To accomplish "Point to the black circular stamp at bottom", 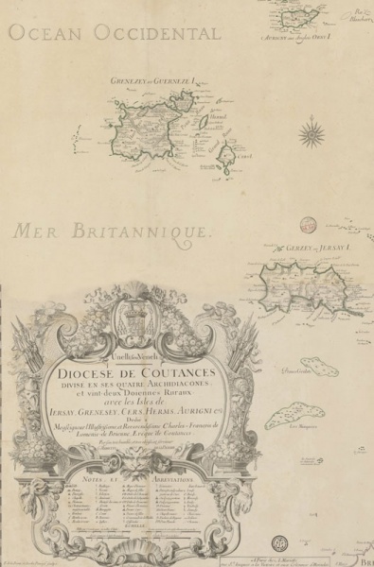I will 279,543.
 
